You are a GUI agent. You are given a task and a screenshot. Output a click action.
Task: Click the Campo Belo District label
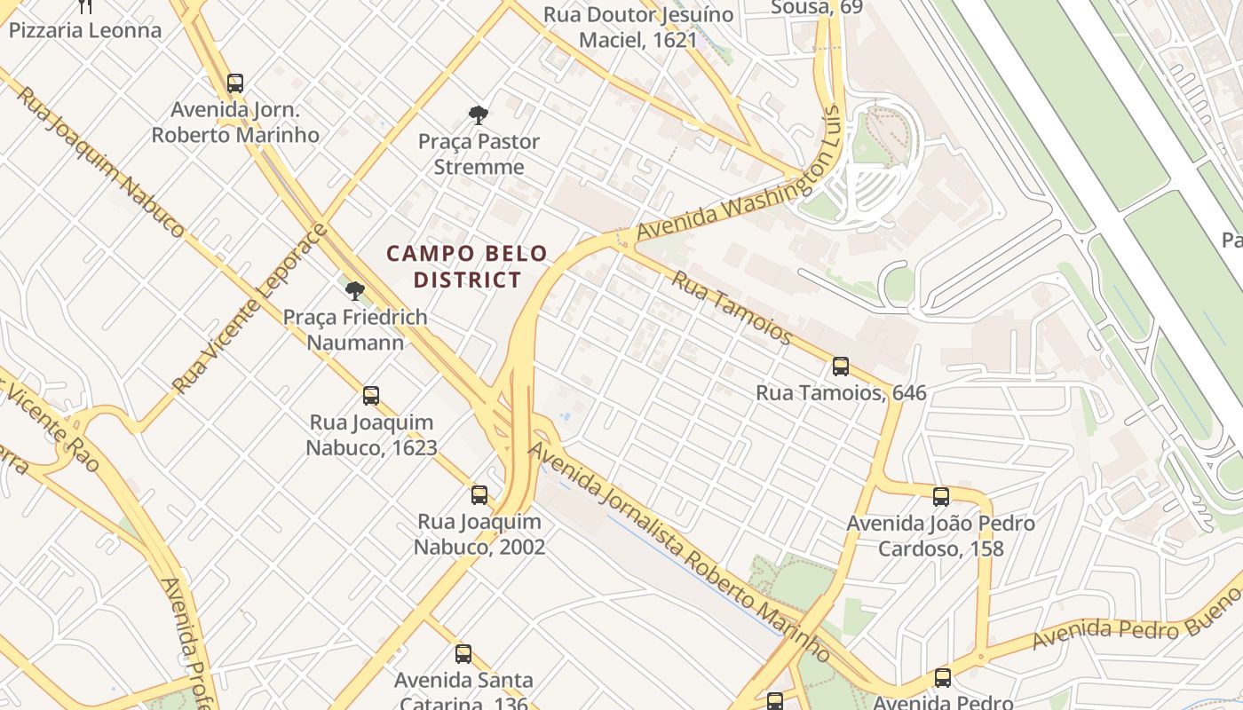pyautogui.click(x=467, y=266)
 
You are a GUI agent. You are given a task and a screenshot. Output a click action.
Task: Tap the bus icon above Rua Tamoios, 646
pyautogui.click(x=840, y=366)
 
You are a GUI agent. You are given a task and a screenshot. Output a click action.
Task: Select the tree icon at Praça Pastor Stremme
pyautogui.click(x=479, y=114)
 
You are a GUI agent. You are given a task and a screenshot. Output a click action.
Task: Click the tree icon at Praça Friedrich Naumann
pyautogui.click(x=355, y=290)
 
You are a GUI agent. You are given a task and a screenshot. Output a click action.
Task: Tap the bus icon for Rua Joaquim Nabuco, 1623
pyautogui.click(x=371, y=396)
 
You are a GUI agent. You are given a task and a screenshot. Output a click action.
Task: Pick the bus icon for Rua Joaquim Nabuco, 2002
pyautogui.click(x=479, y=495)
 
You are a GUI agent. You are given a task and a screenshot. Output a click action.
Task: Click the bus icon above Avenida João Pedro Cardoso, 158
pyautogui.click(x=941, y=497)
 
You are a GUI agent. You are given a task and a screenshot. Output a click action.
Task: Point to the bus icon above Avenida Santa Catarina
pyautogui.click(x=463, y=654)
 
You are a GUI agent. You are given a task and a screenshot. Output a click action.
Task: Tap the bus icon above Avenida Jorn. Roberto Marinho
pyautogui.click(x=235, y=83)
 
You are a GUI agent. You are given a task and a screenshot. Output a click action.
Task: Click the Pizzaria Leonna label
pyautogui.click(x=85, y=30)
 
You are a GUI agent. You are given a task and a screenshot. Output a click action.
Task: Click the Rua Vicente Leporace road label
pyautogui.click(x=250, y=310)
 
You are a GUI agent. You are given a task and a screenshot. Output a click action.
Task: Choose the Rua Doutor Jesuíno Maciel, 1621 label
pyautogui.click(x=638, y=28)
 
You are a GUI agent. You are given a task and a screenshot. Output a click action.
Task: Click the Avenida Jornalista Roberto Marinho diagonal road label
pyautogui.click(x=679, y=550)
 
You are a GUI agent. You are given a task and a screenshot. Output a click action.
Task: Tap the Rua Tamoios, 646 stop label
pyautogui.click(x=841, y=392)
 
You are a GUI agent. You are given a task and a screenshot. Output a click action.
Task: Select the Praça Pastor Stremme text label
pyautogui.click(x=479, y=154)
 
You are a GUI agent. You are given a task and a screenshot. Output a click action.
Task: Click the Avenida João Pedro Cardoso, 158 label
pyautogui.click(x=940, y=535)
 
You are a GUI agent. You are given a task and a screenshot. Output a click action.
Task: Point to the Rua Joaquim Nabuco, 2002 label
pyautogui.click(x=479, y=534)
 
